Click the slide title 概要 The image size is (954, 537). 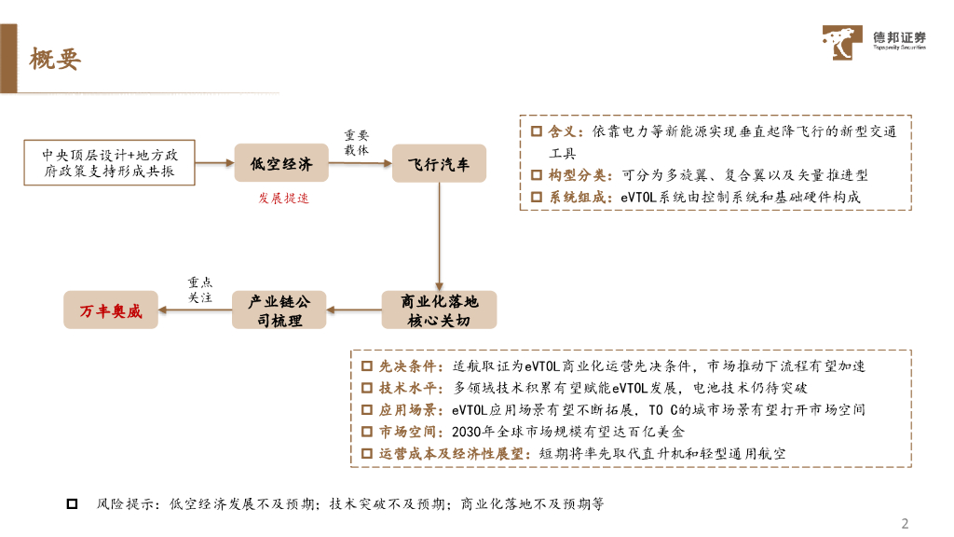tap(55, 59)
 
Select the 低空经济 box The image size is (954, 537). tap(280, 164)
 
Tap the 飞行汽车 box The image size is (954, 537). tap(439, 164)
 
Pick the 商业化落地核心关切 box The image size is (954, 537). tap(439, 310)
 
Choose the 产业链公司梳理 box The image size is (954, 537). tap(280, 310)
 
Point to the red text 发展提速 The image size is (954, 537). tap(282, 199)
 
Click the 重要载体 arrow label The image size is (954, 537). tap(357, 142)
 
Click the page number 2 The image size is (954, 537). tap(903, 522)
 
